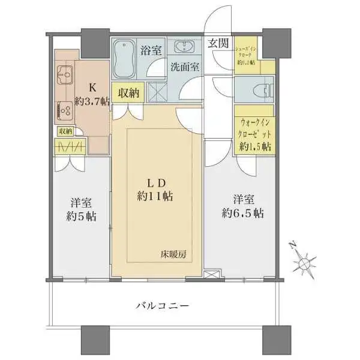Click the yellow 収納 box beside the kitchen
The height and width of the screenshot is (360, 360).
tap(129, 92)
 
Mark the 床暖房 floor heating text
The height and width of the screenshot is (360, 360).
tap(173, 254)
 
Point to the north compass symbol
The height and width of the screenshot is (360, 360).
tap(304, 262)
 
